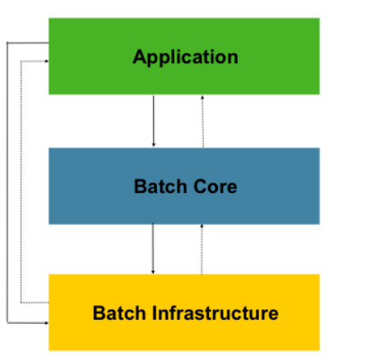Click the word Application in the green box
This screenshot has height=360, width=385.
185,57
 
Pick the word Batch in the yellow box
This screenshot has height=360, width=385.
117,313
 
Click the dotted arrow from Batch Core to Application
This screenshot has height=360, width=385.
202,122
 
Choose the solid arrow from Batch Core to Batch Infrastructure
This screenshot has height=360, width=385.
153,248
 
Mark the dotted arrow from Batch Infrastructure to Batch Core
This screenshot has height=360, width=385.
202,250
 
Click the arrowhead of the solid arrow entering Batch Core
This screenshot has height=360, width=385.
153,144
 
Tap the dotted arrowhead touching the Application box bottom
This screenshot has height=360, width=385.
202,98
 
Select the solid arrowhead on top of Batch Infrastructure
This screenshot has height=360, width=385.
153,270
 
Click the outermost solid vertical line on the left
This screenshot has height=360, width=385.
7,181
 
